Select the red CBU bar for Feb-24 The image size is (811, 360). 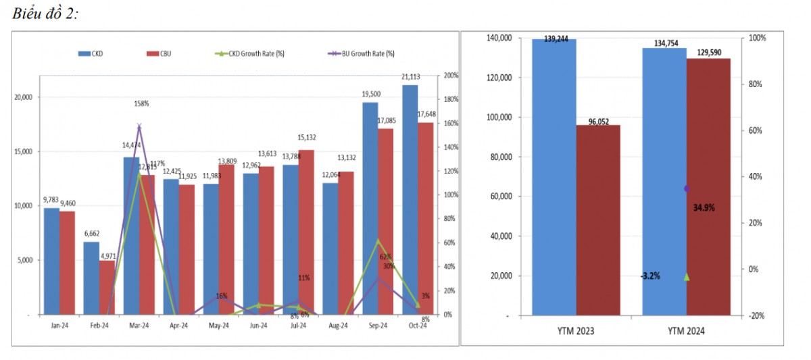pyautogui.click(x=107, y=287)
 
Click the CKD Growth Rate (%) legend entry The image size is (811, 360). pyautogui.click(x=251, y=53)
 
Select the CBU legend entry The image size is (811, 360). pyautogui.click(x=162, y=53)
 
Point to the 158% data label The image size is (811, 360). pyautogui.click(x=141, y=103)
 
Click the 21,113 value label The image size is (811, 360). pyautogui.click(x=411, y=76)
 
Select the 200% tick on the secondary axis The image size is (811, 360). pyautogui.click(x=450, y=76)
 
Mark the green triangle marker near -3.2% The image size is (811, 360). pyautogui.click(x=687, y=276)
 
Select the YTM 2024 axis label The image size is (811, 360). pyautogui.click(x=686, y=331)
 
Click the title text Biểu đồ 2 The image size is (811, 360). pyautogui.click(x=45, y=15)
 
